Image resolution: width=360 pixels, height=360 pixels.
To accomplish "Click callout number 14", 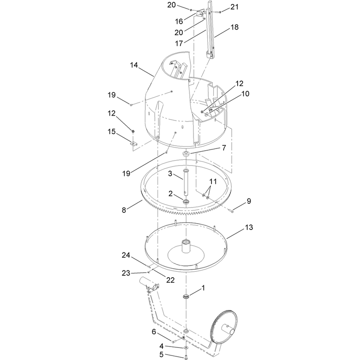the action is [x=134, y=65].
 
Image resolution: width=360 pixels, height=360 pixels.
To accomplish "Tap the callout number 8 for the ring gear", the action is [x=124, y=210].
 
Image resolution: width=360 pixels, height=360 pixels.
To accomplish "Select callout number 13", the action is [x=249, y=227].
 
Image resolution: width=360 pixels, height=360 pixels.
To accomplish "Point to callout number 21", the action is [x=234, y=7].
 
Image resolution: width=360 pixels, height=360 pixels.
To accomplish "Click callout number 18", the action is [x=234, y=27].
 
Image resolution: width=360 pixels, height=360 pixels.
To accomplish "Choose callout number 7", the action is [x=224, y=148].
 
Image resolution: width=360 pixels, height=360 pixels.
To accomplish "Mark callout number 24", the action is [x=126, y=255].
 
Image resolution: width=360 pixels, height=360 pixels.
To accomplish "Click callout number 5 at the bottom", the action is [x=162, y=355].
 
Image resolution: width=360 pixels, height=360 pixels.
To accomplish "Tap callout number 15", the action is [x=112, y=131].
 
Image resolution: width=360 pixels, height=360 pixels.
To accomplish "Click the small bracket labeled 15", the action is [x=133, y=144].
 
